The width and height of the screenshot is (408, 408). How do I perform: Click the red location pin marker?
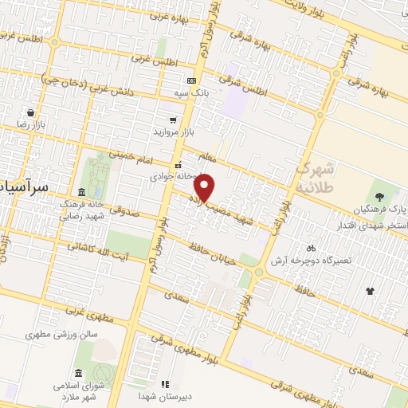click(x=206, y=187)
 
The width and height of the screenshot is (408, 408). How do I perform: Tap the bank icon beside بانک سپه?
click(x=191, y=80)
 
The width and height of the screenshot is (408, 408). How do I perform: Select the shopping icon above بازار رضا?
click(x=30, y=113)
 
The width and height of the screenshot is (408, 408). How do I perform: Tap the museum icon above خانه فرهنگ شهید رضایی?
click(x=82, y=192)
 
